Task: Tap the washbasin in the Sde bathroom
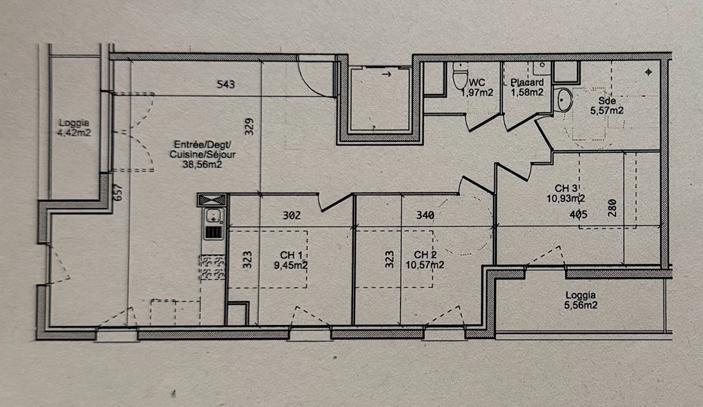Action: [563, 100]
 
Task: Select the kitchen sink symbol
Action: [214, 218]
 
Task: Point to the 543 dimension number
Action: [226, 84]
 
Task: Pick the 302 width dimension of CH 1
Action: [292, 216]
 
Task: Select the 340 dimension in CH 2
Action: [425, 215]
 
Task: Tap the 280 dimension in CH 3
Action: [612, 208]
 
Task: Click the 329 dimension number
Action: [249, 127]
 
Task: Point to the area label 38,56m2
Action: [202, 164]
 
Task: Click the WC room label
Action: [477, 82]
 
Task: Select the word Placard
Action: [527, 82]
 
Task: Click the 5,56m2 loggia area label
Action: [581, 305]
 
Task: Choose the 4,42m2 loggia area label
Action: [74, 133]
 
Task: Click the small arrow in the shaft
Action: [387, 75]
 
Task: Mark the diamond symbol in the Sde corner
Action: [648, 72]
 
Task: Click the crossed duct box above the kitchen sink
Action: [212, 200]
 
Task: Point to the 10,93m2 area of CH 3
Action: [566, 198]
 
